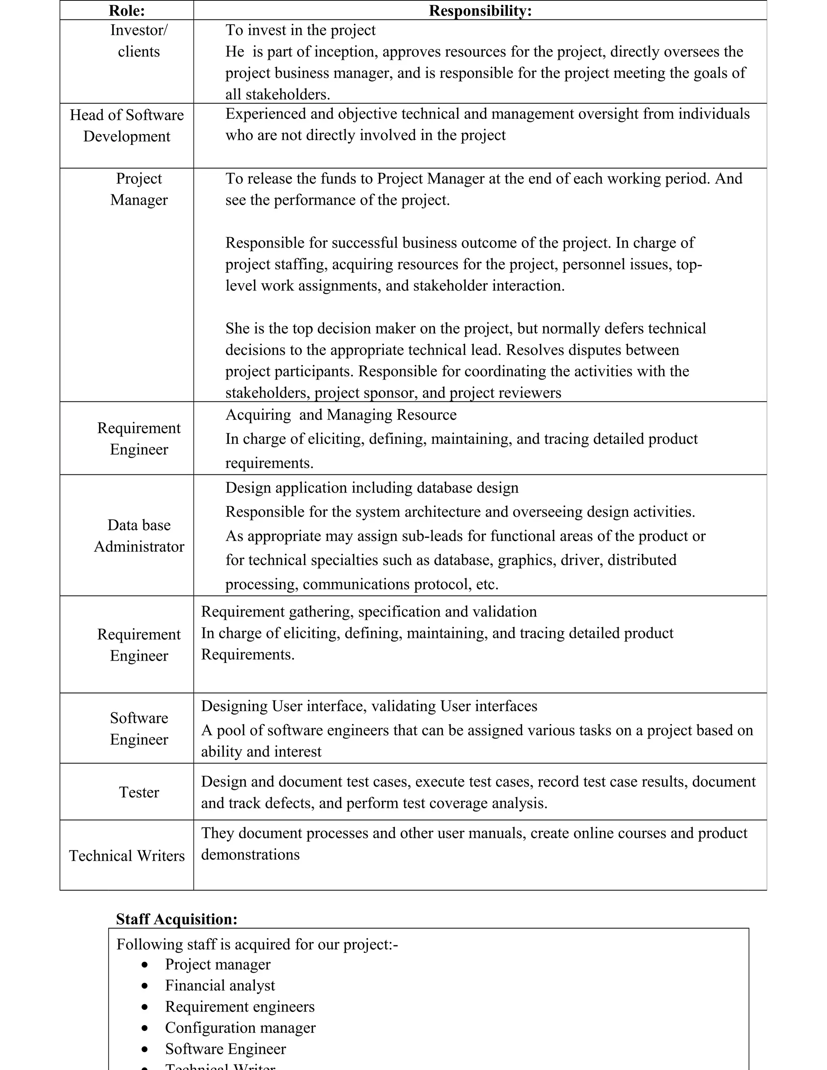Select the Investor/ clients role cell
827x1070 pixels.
tap(139, 41)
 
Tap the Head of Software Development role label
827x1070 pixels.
tap(126, 126)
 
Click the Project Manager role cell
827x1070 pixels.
tap(139, 189)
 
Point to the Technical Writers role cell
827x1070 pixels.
tap(126, 856)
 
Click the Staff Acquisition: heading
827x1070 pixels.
tap(176, 919)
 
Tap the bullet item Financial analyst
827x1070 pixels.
tap(220, 985)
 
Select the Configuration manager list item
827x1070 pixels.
tap(240, 1027)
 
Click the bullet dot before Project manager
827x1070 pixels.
tap(145, 965)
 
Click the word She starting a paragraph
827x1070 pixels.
tap(237, 328)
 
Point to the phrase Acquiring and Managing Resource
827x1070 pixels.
tap(340, 415)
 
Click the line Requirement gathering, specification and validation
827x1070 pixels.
tap(368, 611)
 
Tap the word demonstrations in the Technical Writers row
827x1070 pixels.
tap(250, 854)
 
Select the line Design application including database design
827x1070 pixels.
tap(372, 487)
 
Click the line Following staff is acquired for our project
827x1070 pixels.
tap(257, 944)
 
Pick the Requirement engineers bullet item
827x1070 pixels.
tap(239, 1006)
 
